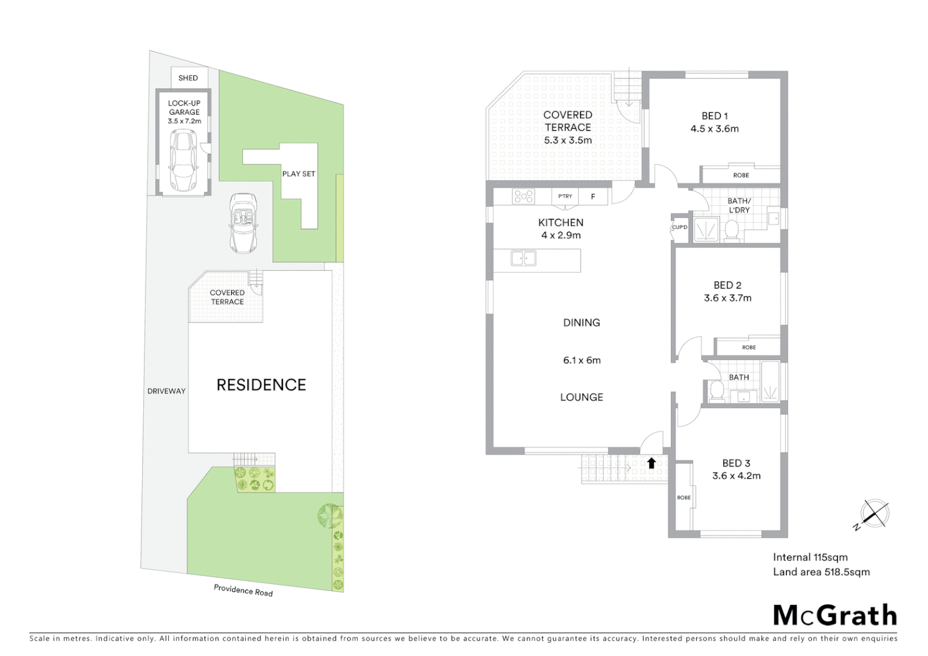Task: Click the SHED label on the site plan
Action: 188,78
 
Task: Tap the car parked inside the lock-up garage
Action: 183,160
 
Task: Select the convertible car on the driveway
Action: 243,223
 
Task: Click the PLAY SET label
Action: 298,174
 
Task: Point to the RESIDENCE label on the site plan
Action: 261,384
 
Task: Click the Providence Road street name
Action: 243,590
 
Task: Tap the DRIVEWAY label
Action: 166,391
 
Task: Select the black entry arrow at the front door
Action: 651,463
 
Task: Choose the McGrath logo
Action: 834,615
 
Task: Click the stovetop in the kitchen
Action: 523,196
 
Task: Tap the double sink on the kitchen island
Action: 524,258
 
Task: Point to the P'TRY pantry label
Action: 565,196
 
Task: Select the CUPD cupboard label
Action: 679,227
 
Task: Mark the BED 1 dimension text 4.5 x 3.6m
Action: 714,129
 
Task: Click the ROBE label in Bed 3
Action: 683,497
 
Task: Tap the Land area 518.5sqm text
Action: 821,572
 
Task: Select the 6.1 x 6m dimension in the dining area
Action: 581,360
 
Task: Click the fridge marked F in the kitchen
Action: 593,196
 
